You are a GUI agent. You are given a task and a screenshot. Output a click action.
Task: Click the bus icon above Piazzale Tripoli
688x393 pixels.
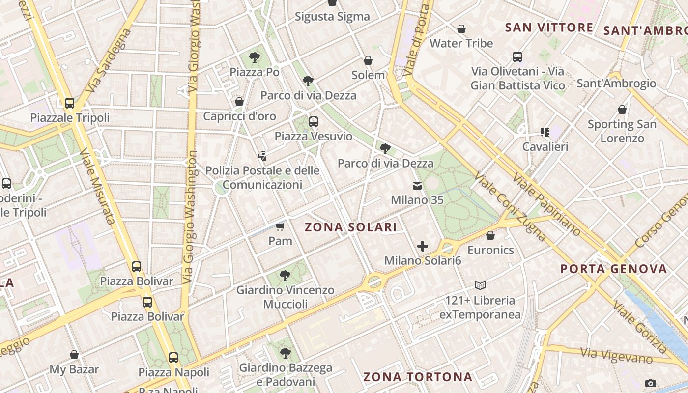(x=70, y=103)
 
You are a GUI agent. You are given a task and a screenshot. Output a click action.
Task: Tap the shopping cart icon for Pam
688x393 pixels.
(x=280, y=226)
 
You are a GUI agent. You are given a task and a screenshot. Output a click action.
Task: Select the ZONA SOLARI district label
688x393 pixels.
(x=350, y=227)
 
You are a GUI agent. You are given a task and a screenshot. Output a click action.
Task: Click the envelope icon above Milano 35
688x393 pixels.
(x=417, y=186)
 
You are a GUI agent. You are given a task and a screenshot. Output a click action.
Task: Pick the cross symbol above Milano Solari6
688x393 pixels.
(x=423, y=246)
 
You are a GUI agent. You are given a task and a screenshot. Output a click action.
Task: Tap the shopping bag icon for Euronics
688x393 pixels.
(x=490, y=235)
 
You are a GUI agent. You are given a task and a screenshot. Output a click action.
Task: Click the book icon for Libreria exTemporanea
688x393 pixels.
(x=480, y=285)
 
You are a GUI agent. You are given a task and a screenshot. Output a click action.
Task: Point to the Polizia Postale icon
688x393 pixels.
(x=262, y=156)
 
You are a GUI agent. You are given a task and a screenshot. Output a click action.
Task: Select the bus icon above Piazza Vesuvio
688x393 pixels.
(x=314, y=121)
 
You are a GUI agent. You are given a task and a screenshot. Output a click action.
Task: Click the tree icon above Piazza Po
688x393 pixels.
(x=255, y=57)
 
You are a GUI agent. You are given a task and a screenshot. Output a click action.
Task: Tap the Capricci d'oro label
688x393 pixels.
(x=240, y=116)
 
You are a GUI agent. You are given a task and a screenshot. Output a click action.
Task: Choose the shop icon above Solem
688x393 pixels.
(x=368, y=60)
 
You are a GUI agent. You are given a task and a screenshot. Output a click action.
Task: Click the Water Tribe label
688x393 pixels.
(x=461, y=43)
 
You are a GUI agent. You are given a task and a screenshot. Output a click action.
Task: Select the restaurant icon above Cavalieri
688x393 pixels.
(x=545, y=132)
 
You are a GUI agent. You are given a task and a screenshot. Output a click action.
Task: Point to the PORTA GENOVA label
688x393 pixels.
(x=614, y=269)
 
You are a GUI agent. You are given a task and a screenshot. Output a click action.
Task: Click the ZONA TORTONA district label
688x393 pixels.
(x=418, y=377)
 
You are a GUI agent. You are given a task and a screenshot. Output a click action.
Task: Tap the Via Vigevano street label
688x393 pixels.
(x=616, y=356)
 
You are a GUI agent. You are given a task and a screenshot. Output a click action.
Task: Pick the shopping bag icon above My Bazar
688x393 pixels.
(x=74, y=355)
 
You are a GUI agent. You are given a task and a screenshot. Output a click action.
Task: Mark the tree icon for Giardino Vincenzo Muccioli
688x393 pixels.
(x=285, y=276)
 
